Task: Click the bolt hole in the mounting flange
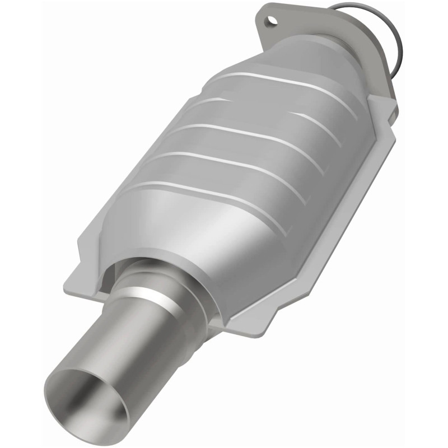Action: (x=272, y=21)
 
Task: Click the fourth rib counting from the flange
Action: (x=224, y=162)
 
